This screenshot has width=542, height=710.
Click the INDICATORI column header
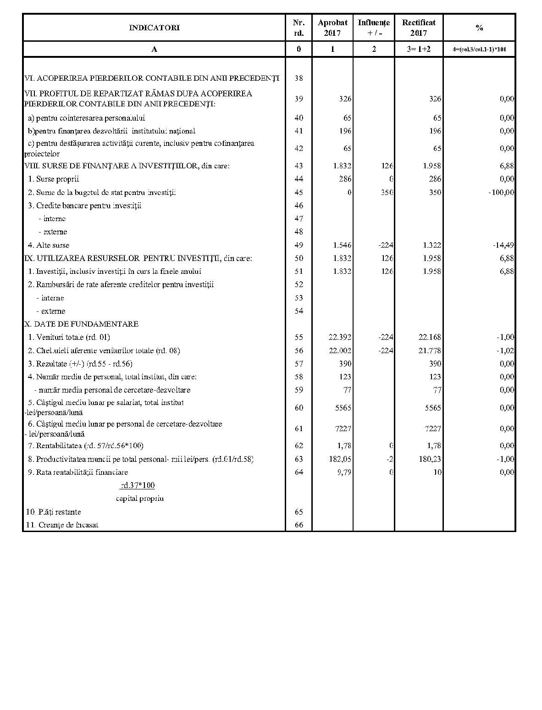point(154,28)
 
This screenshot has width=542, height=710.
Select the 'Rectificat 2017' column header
point(419,28)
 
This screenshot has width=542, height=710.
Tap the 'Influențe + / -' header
point(374,28)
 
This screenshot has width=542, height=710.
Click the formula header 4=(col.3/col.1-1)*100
point(479,49)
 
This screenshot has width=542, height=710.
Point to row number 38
point(299,78)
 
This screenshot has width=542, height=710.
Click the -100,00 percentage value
point(501,192)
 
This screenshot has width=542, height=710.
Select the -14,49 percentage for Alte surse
point(503,245)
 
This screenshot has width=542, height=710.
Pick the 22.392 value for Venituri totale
point(340,337)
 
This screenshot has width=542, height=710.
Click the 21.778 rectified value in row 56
point(430,350)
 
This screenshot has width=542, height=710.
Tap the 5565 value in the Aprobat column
point(343,407)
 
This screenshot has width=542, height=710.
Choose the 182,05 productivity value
point(340,459)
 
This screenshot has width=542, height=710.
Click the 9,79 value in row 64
point(343,472)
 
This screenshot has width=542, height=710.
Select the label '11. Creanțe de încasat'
point(62,525)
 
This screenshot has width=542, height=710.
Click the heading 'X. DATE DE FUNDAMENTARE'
point(81,324)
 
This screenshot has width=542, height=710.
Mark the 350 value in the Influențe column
point(387,192)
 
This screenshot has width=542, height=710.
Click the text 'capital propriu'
point(140,498)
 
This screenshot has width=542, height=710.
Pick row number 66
point(299,525)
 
